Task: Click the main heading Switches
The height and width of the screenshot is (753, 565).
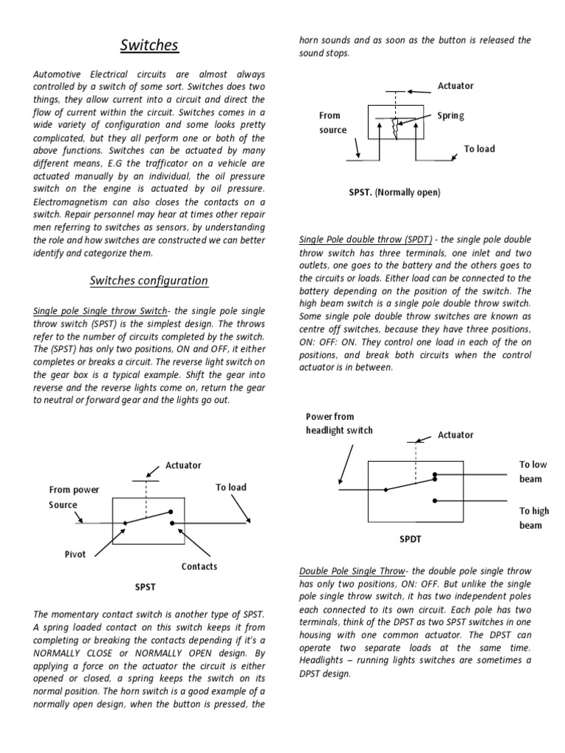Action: point(150,46)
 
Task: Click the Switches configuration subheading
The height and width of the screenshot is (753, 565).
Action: point(149,280)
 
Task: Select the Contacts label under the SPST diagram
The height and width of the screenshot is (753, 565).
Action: point(199,566)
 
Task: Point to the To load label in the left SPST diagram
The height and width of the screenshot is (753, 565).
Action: point(230,487)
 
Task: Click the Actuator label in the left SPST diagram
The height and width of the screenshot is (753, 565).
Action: point(183,465)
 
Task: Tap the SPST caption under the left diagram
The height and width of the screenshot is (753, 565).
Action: point(144,588)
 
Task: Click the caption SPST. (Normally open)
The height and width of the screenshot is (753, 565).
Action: point(394,192)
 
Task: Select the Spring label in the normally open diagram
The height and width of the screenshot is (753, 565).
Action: point(450,115)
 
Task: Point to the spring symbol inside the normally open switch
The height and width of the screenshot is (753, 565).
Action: point(394,129)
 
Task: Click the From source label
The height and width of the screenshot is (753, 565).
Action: point(331,122)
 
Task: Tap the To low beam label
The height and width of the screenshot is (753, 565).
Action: point(533,471)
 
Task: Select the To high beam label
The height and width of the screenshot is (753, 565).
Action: point(533,518)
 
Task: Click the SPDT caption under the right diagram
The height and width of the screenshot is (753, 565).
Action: point(411,538)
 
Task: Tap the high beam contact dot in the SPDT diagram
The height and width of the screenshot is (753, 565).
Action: point(435,501)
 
